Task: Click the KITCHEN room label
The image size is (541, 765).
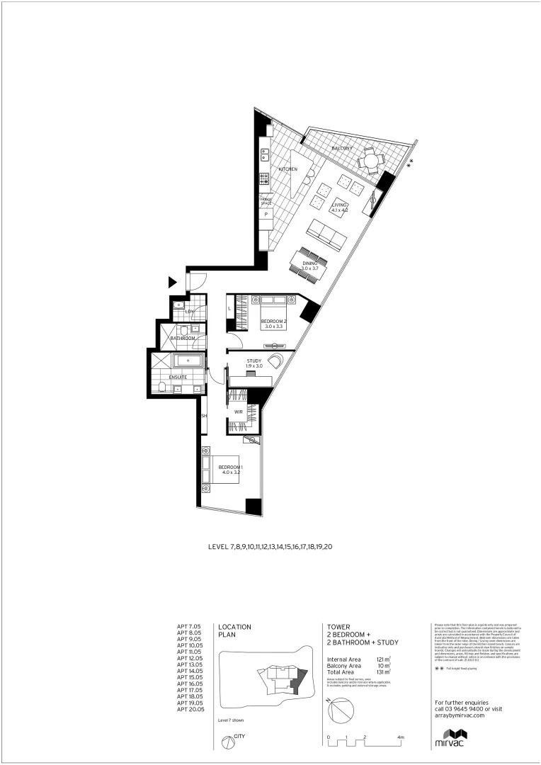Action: (x=287, y=169)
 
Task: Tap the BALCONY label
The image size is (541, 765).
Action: (x=342, y=149)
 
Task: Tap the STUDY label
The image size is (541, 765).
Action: (x=254, y=362)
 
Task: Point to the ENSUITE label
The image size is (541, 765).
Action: (x=178, y=378)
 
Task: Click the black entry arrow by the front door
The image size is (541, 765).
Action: (x=172, y=283)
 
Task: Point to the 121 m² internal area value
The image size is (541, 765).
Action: (x=384, y=659)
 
